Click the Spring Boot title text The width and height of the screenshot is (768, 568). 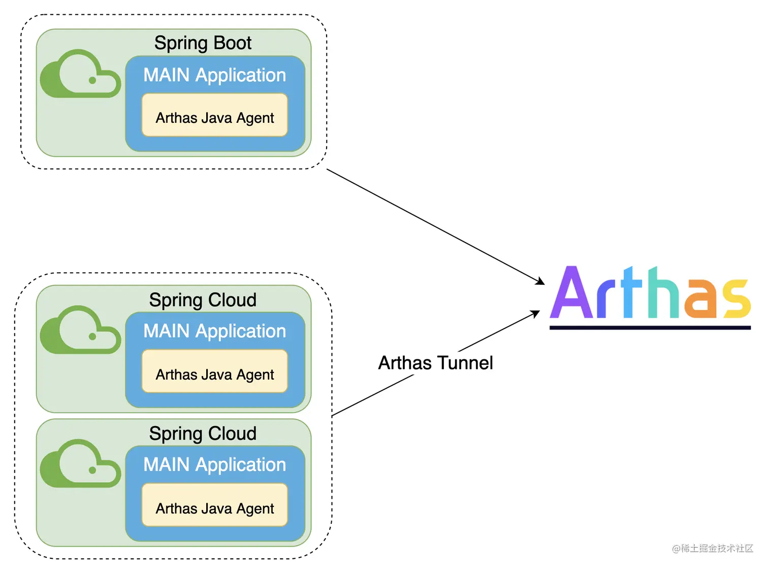(203, 43)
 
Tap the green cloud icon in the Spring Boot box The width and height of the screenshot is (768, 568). (80, 75)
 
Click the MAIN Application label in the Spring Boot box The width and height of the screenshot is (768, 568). (214, 75)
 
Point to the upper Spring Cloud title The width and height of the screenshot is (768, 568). (203, 300)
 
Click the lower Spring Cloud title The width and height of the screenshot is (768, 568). (203, 433)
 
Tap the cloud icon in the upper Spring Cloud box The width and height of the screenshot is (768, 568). (80, 330)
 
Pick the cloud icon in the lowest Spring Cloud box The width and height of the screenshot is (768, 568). (80, 464)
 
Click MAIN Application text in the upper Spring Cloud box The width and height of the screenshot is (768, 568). (214, 331)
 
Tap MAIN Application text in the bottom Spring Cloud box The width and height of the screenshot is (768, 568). (214, 465)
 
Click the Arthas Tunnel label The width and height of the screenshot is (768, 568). (435, 363)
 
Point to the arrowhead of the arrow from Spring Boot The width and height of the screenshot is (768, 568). (541, 282)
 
